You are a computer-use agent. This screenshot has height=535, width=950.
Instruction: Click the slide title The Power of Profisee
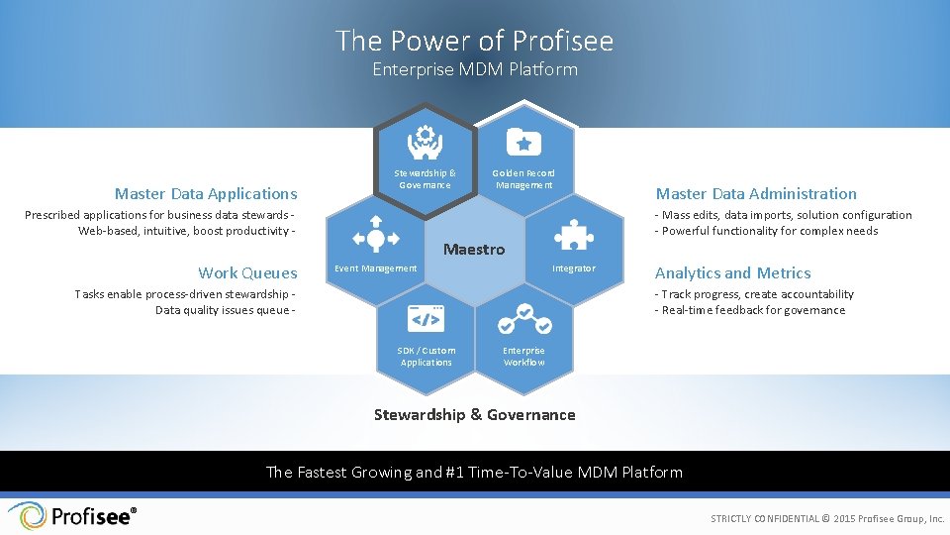click(474, 41)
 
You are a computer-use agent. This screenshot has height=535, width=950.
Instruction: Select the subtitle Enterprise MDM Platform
click(474, 69)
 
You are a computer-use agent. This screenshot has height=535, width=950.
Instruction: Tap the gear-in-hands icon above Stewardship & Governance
click(425, 142)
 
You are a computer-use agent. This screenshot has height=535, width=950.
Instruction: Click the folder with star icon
click(524, 142)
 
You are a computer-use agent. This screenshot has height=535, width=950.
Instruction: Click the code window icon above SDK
click(427, 318)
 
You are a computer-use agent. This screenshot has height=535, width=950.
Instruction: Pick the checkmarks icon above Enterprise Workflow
click(523, 319)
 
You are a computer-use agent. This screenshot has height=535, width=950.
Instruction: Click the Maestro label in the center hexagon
click(474, 250)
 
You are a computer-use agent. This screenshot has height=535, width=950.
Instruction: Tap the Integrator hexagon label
click(574, 268)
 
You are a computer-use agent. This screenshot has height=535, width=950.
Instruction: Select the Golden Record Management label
click(524, 179)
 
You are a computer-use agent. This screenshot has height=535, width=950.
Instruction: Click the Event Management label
click(376, 268)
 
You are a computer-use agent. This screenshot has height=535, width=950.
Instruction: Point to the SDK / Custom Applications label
click(427, 357)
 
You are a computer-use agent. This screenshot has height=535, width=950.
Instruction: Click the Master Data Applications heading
click(206, 194)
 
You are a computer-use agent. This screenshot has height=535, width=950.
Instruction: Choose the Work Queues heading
click(247, 273)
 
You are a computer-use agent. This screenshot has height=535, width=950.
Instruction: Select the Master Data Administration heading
click(756, 194)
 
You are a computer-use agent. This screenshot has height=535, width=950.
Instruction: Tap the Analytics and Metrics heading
click(732, 273)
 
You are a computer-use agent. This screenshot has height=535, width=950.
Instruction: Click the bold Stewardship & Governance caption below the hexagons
click(474, 415)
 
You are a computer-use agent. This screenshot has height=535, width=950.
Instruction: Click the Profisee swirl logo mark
click(27, 516)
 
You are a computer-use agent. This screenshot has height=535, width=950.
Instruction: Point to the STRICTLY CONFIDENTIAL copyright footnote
click(827, 519)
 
